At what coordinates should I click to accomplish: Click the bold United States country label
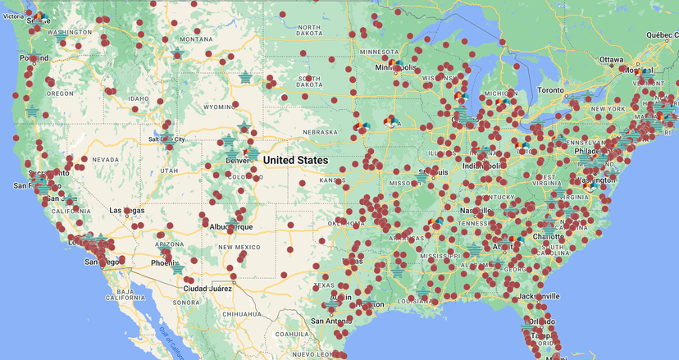click(x=296, y=160)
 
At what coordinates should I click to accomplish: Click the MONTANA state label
click(x=196, y=39)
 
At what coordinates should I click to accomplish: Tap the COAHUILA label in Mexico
click(x=292, y=334)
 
